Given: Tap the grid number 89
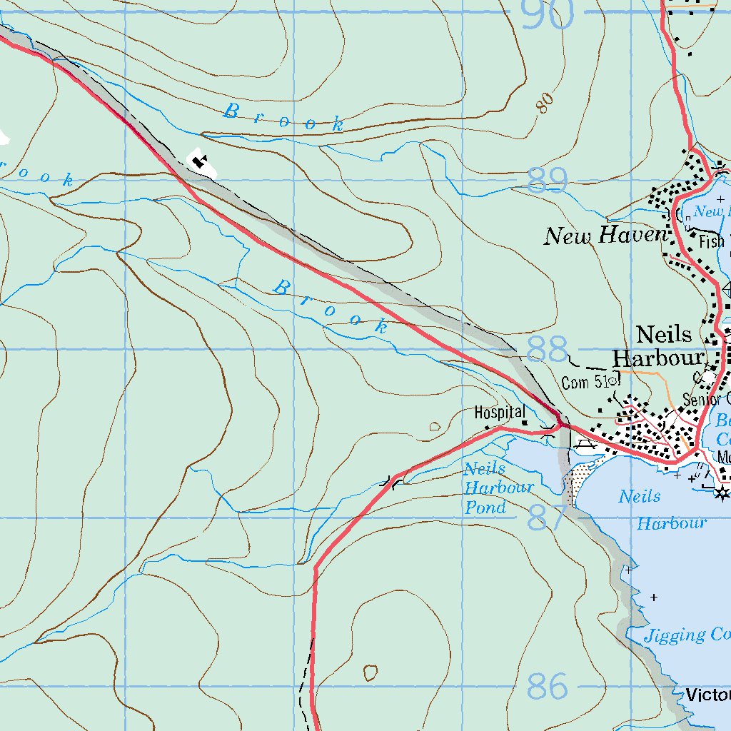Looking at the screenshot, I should (x=548, y=181).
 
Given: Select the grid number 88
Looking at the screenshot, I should (x=548, y=351).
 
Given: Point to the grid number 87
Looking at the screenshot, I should (x=548, y=518).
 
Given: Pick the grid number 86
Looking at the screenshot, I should (x=548, y=686).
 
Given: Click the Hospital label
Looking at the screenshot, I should (x=500, y=413).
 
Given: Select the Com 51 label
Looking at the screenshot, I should (x=585, y=383).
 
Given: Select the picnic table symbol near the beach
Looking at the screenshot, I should (x=585, y=445).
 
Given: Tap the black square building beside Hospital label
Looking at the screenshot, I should (x=524, y=423).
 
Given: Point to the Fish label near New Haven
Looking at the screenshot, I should (x=711, y=242).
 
